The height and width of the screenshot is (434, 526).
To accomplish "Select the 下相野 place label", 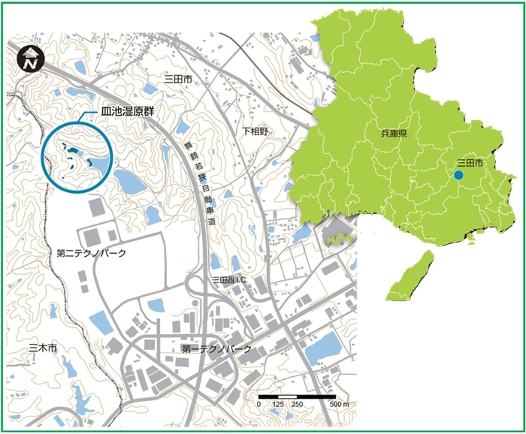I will [255, 131].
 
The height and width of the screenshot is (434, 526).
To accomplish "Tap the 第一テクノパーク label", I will [216, 350].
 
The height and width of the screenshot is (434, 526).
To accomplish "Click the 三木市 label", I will [42, 348].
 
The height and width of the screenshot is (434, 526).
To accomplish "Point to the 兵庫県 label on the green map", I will [394, 133].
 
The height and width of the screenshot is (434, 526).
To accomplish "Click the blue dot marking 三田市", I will [459, 176].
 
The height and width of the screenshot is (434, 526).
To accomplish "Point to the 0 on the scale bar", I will [258, 405].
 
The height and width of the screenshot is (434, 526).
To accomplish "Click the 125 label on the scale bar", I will [279, 405].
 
